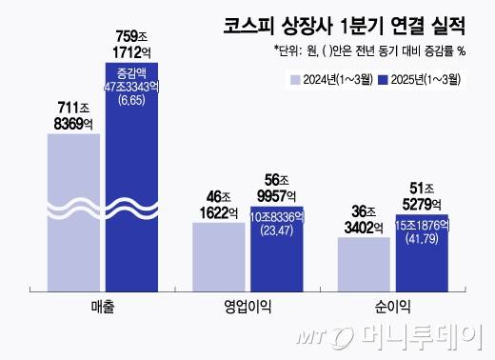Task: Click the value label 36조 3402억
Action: click(364, 218)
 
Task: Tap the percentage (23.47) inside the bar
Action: click(276, 231)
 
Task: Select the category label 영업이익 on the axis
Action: click(247, 307)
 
